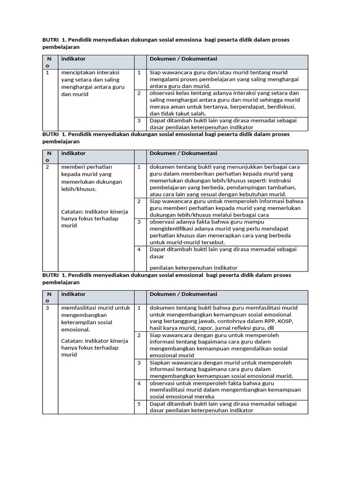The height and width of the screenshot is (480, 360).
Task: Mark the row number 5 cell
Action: [139, 404]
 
